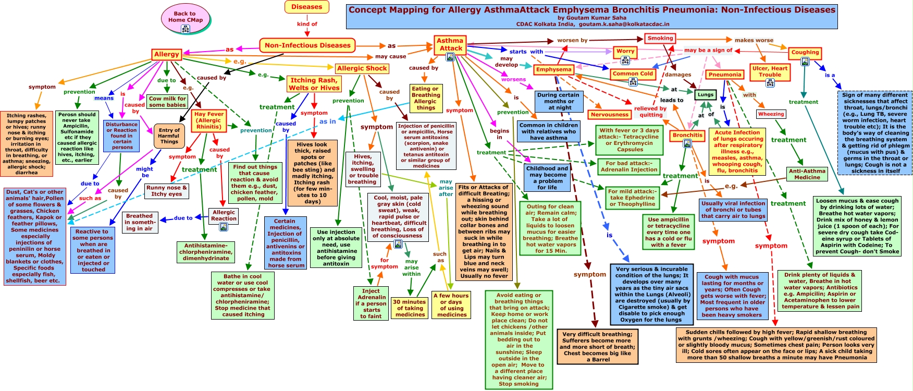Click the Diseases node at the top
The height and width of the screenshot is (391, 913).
point(306,7)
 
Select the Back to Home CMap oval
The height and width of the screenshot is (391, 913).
point(185,17)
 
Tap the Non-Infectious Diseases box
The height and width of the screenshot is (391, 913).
point(307,45)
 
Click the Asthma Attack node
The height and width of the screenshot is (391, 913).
point(450,44)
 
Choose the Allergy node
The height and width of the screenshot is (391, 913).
point(166,54)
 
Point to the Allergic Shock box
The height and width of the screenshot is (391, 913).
point(362,68)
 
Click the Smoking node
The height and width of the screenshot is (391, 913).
point(660,38)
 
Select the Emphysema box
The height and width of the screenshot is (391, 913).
point(553,69)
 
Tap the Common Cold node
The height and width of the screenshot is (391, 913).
point(633,74)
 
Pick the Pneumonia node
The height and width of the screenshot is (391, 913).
point(724,75)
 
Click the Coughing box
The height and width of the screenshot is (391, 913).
point(805,53)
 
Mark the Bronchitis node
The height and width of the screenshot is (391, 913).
point(687,136)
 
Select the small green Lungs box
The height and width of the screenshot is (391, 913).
point(705,95)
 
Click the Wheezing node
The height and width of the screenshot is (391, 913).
point(771,114)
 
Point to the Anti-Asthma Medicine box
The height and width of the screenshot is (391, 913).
point(807,174)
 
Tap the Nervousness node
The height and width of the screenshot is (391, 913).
point(609,115)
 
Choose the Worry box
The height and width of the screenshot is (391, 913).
point(625,52)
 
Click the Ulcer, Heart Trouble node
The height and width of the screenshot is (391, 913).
point(770,71)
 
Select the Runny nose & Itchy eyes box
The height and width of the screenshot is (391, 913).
point(166,191)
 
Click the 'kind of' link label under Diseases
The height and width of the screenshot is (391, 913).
point(307,24)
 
